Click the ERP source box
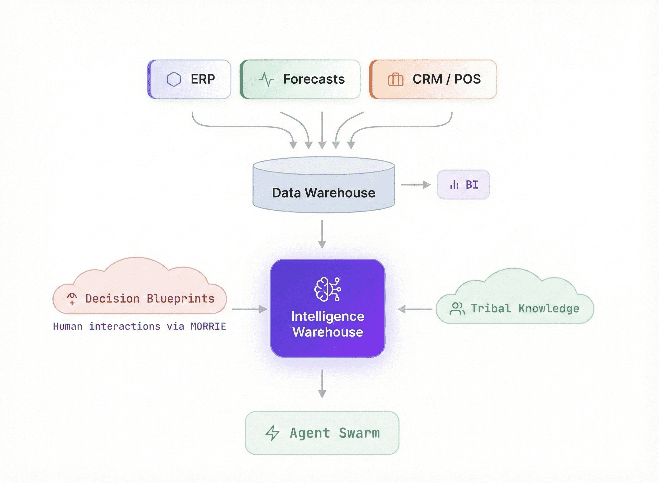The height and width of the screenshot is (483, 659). click(189, 79)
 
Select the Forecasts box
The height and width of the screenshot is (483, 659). click(300, 79)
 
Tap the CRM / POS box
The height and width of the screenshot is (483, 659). click(433, 79)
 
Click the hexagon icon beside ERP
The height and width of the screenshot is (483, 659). click(174, 79)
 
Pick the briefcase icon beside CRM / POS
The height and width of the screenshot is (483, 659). click(396, 79)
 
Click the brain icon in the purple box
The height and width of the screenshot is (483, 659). click(328, 289)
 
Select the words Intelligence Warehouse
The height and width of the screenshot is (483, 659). click(328, 324)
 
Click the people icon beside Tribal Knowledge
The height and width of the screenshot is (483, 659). click(457, 309)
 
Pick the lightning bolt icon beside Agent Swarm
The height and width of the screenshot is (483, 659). click(272, 433)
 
